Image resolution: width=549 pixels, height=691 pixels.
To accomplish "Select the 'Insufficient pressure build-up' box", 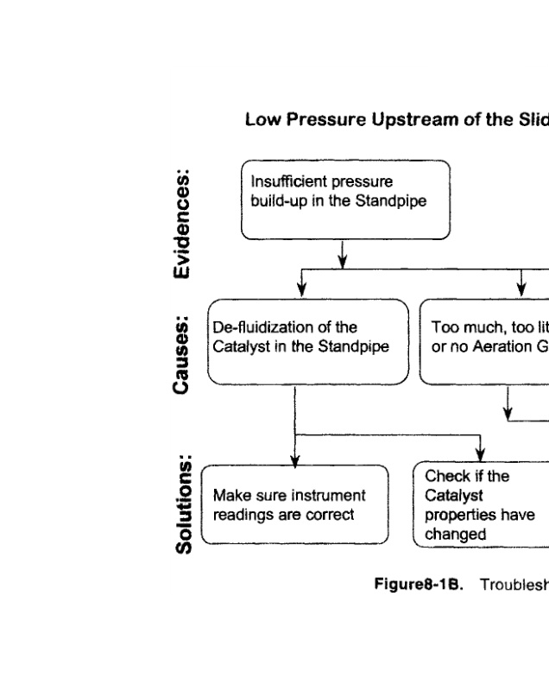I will (x=345, y=200).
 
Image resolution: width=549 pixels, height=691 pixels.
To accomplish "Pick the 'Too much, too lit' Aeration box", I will (x=483, y=339).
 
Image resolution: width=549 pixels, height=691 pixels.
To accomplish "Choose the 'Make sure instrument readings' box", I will (x=294, y=504).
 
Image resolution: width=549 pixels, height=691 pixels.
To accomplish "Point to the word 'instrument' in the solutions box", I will (x=319, y=495).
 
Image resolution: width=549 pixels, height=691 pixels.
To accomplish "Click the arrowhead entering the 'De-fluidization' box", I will (x=301, y=292).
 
